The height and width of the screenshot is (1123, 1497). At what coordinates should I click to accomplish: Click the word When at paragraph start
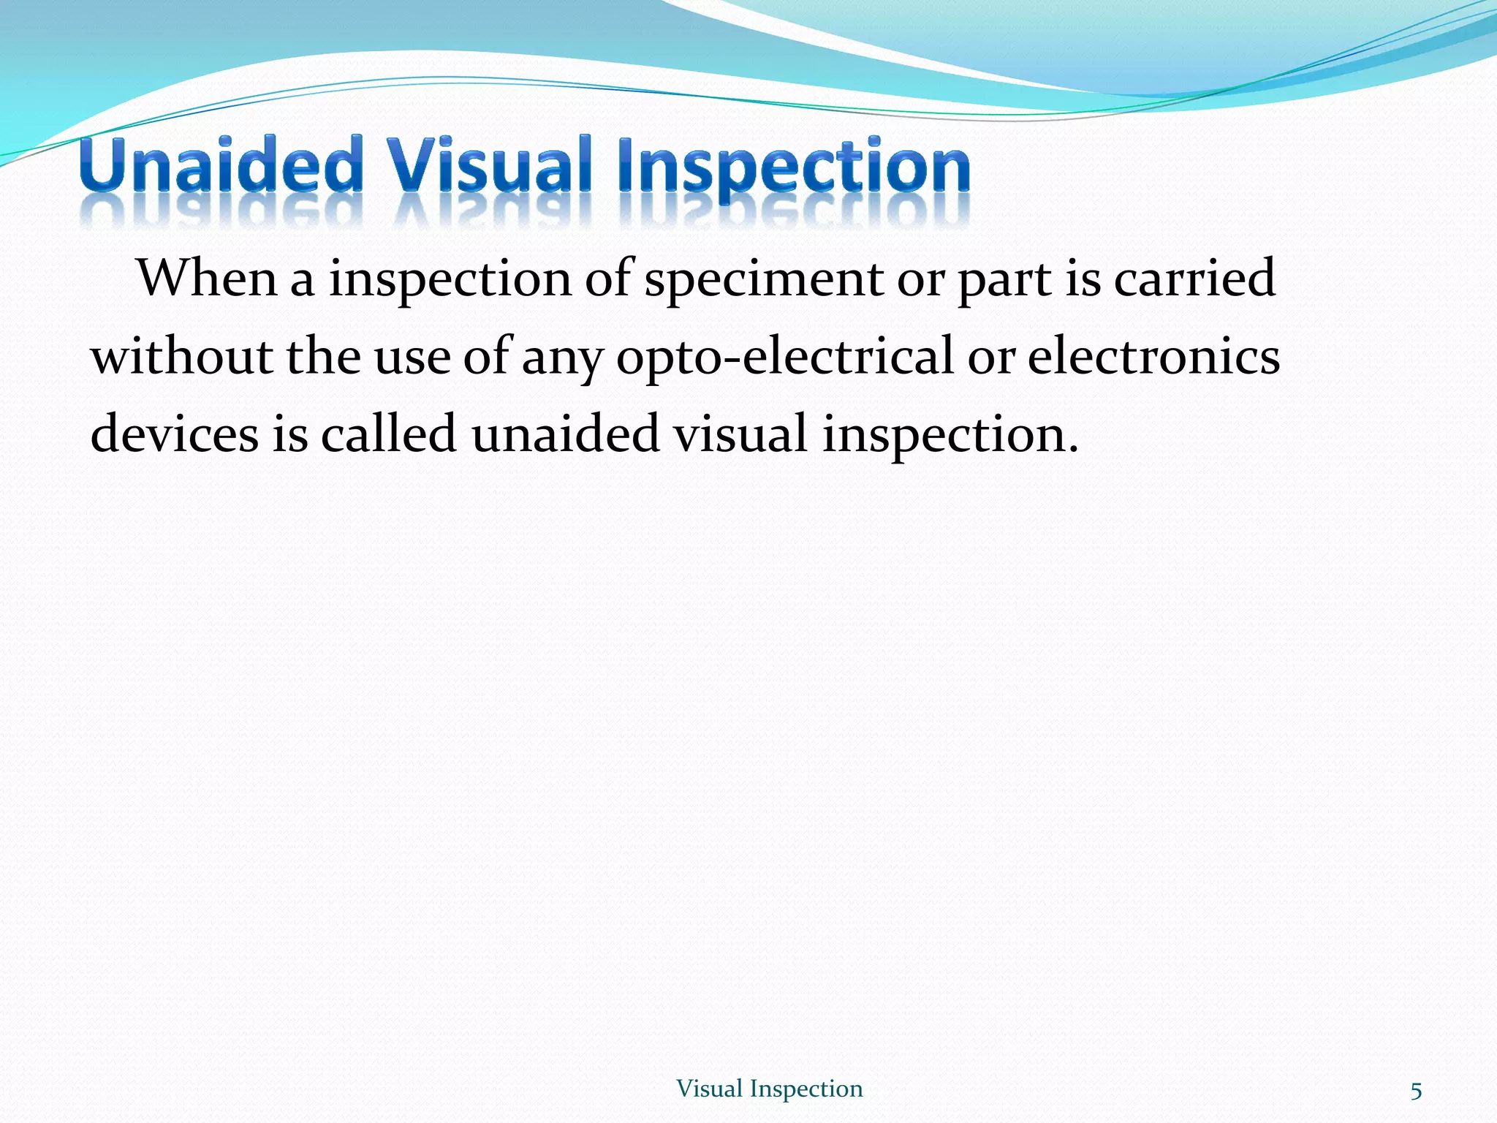pos(208,279)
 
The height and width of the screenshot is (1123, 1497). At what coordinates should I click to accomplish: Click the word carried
pos(1194,279)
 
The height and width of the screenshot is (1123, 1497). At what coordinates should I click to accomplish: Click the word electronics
pos(1153,357)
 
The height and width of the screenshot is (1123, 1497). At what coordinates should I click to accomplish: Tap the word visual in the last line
pos(740,434)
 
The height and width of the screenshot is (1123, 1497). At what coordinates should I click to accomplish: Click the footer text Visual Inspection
pos(769,1089)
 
